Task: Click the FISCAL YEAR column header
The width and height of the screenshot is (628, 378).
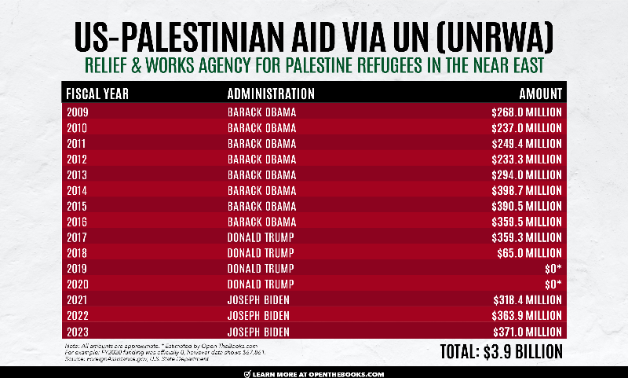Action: [x=97, y=94]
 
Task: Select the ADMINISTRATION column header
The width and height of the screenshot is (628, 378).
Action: [x=270, y=94]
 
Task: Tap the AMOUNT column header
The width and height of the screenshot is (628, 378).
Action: [x=540, y=94]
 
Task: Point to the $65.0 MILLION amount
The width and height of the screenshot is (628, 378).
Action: [x=530, y=253]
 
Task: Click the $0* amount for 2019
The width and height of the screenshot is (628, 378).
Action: [x=553, y=269]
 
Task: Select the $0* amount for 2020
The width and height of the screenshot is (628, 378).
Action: [x=553, y=284]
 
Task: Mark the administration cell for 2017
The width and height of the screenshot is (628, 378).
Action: [x=261, y=237]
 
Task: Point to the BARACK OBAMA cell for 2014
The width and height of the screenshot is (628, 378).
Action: [x=261, y=190]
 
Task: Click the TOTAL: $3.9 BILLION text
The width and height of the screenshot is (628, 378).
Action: [x=493, y=350]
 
